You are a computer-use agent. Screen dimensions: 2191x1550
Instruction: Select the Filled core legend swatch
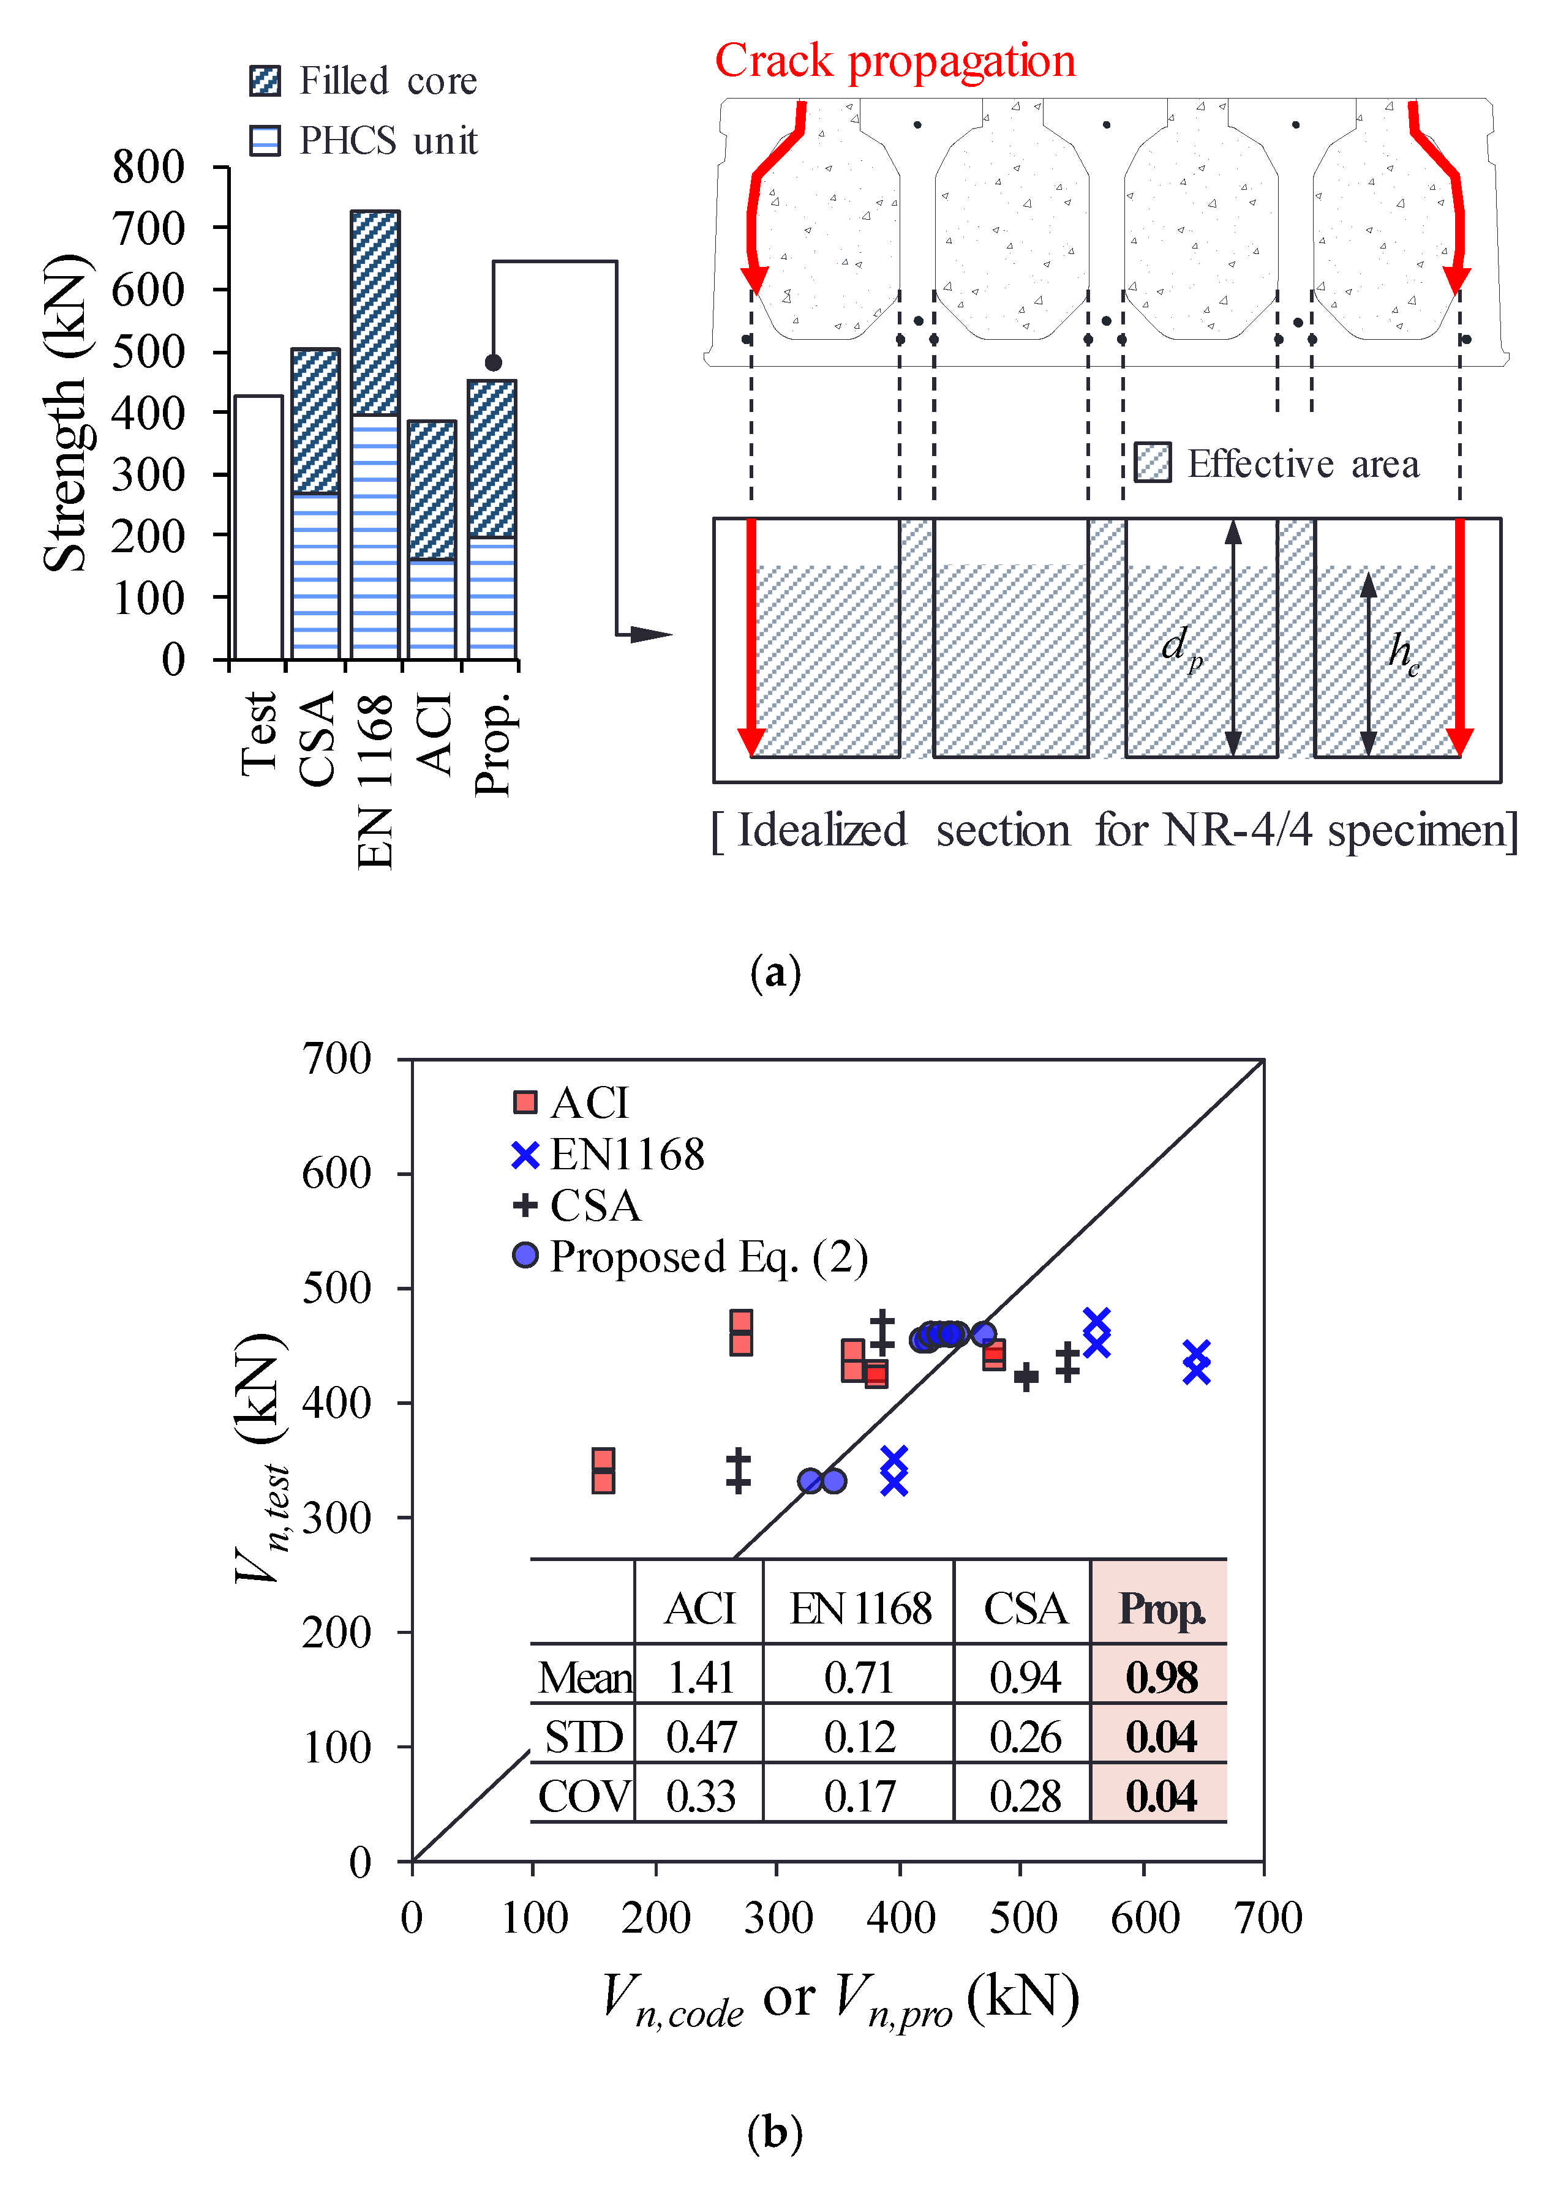(265, 81)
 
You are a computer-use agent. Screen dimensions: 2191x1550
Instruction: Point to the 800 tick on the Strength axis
(149, 167)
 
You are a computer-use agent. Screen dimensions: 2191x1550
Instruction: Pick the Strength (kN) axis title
(67, 412)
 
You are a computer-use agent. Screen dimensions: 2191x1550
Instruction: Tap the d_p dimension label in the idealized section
(1181, 647)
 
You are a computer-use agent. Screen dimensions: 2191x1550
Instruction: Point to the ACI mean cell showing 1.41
(701, 1677)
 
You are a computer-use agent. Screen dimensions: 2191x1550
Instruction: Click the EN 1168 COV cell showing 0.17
(859, 1797)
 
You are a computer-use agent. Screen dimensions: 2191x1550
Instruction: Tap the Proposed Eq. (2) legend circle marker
(525, 1256)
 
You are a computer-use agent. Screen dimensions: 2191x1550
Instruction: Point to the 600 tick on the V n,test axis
(336, 1173)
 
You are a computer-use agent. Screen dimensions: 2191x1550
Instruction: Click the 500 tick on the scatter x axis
(1022, 1917)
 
